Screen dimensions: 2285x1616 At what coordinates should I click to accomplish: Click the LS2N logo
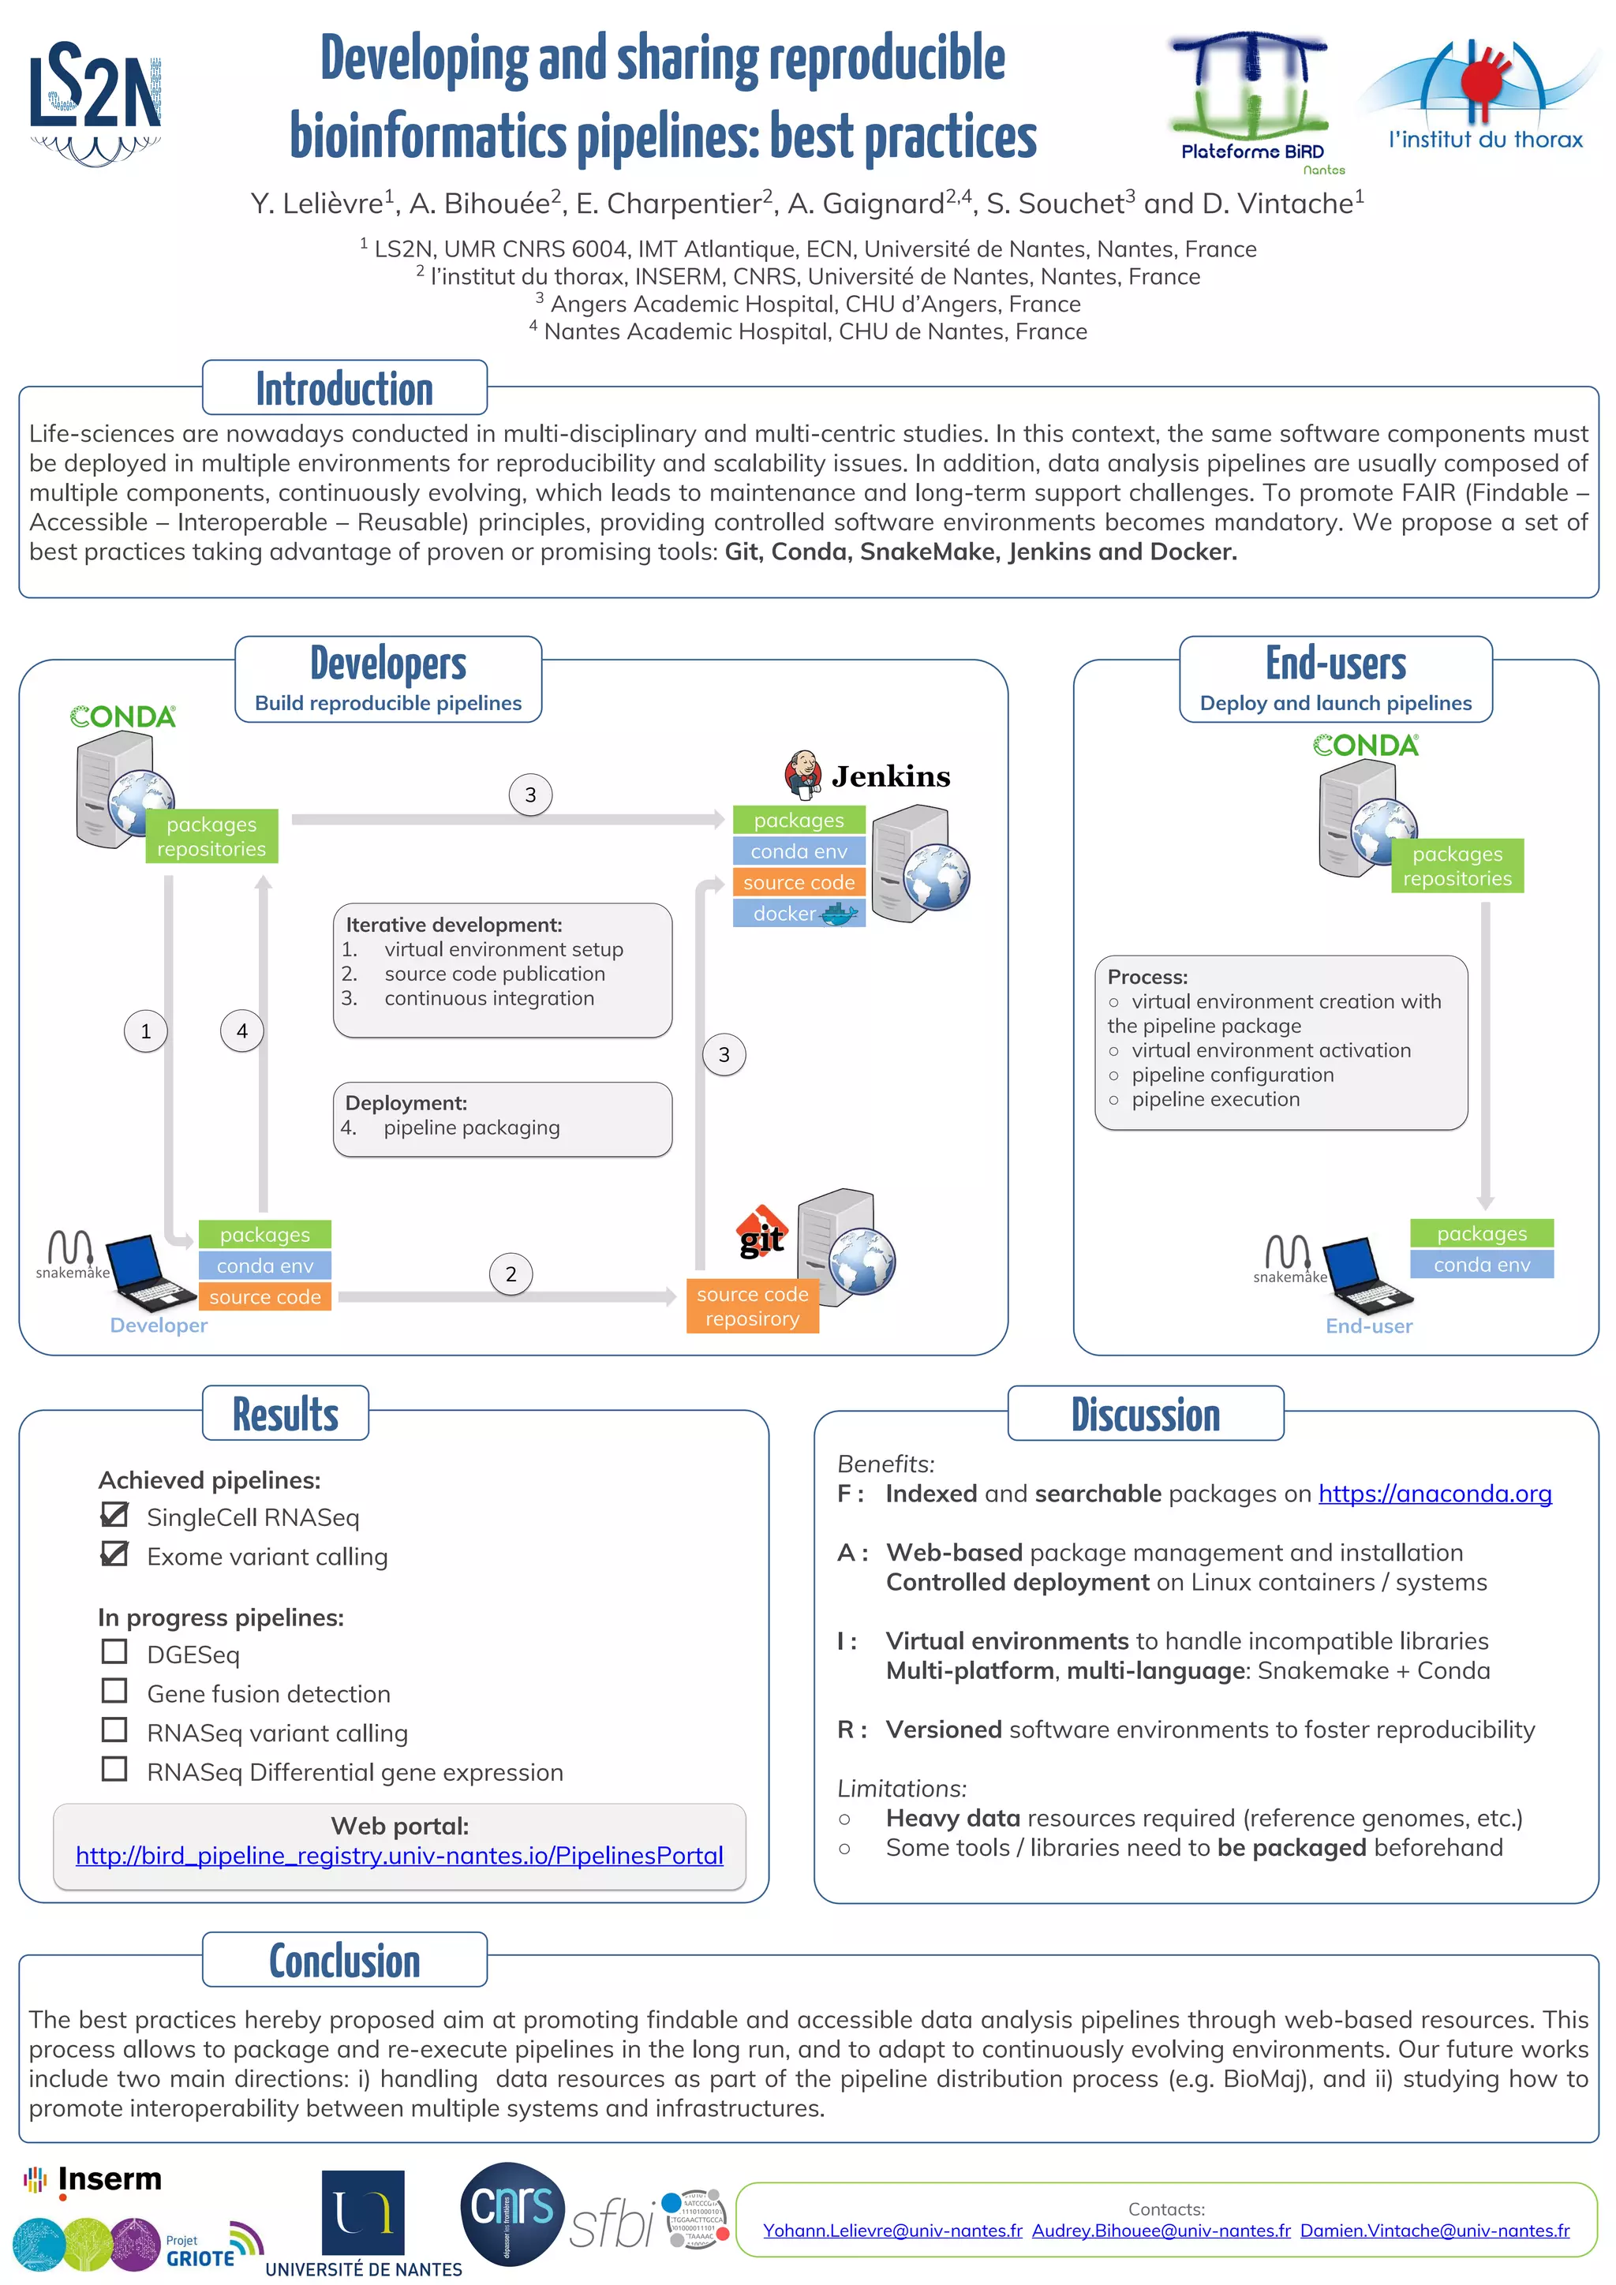[x=95, y=100]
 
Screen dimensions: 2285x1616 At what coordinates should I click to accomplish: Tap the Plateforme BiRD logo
[x=1251, y=100]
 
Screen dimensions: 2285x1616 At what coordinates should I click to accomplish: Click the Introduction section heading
[x=344, y=388]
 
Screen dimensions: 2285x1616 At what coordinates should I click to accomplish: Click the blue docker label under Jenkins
[x=798, y=914]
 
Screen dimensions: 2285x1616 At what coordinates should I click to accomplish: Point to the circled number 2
[x=511, y=1273]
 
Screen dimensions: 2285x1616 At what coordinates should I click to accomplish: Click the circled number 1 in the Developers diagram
[x=145, y=1031]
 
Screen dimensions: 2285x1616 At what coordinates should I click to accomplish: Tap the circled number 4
[x=241, y=1031]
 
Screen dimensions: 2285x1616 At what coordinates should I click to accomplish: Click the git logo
[x=762, y=1233]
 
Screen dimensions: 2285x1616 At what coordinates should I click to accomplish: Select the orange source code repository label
[x=752, y=1306]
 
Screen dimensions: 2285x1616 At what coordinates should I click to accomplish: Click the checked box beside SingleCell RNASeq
[x=114, y=1515]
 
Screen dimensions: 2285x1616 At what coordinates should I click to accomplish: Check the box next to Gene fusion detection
[x=114, y=1691]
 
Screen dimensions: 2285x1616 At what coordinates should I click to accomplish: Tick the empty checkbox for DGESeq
[x=114, y=1652]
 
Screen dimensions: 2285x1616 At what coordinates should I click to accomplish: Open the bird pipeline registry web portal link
[x=399, y=1856]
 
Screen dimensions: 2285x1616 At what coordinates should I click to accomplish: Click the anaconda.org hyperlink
[x=1434, y=1494]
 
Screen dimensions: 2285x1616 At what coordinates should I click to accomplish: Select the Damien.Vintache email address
[x=1434, y=2231]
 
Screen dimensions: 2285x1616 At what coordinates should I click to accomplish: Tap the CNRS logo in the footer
[x=511, y=2212]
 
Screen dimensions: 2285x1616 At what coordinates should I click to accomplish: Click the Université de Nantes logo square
[x=363, y=2212]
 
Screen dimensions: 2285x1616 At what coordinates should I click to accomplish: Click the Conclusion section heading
[x=344, y=1961]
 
